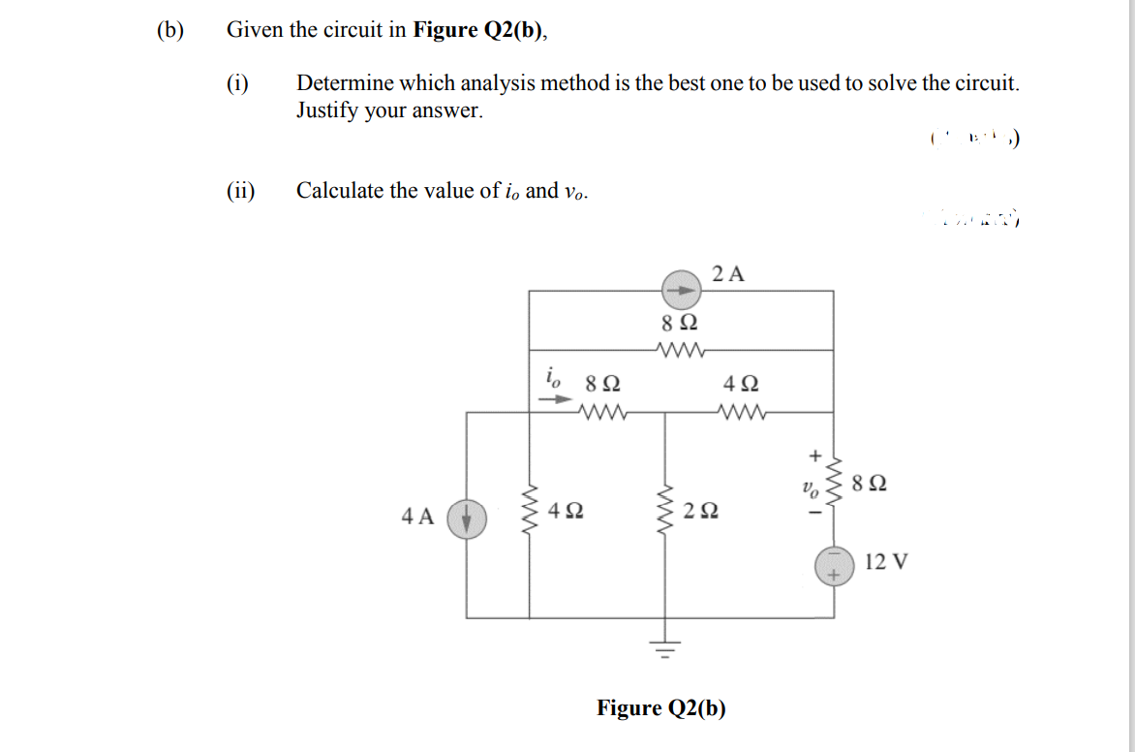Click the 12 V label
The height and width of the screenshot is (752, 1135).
pos(886,561)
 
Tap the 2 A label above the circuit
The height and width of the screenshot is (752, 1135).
pos(728,273)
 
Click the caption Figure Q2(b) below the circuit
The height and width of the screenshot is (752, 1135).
pos(661,708)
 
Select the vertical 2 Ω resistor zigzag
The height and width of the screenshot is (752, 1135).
pos(665,510)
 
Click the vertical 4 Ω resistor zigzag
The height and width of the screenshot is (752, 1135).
pos(529,511)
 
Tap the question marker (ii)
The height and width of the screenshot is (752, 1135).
pos(240,190)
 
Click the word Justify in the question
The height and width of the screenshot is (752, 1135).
pos(327,110)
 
